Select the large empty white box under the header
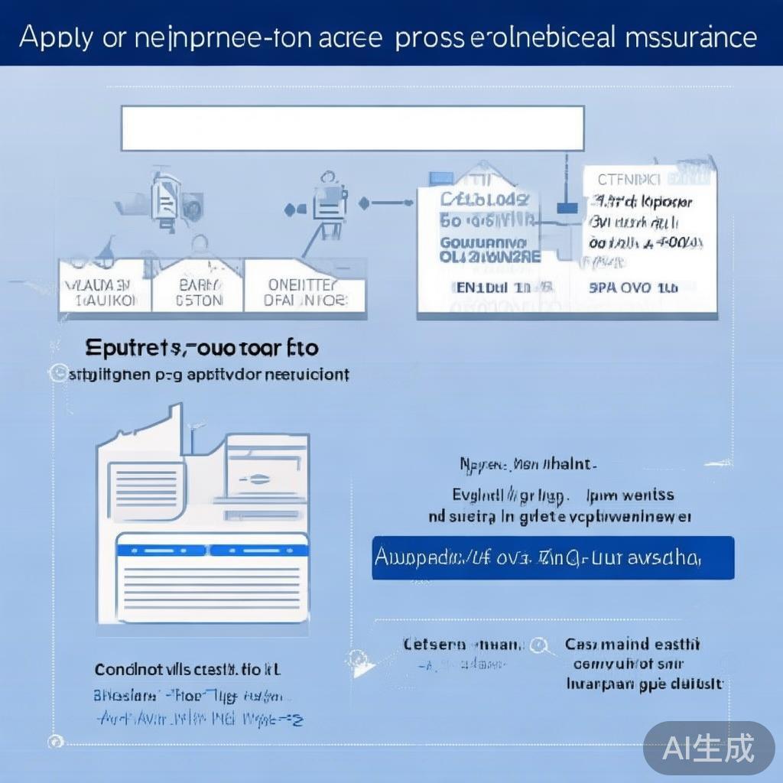[x=353, y=128]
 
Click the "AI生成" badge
[x=708, y=747]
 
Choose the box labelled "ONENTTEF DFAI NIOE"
[x=305, y=292]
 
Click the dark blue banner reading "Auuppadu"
[x=552, y=557]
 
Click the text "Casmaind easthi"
[x=632, y=645]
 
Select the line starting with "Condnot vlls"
[x=187, y=670]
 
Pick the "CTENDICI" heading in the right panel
[x=628, y=180]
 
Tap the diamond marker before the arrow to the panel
[x=364, y=203]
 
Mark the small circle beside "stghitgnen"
[x=55, y=374]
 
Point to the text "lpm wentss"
[x=629, y=495]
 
